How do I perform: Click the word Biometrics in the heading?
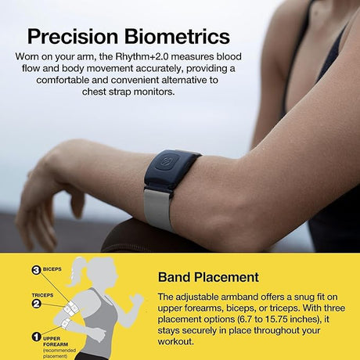(x=175, y=37)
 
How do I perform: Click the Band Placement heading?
(x=208, y=277)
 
